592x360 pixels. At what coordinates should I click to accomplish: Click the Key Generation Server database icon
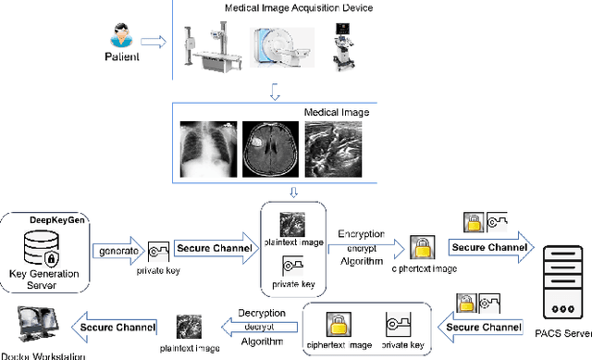click(43, 247)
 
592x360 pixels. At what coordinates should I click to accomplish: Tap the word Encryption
click(361, 234)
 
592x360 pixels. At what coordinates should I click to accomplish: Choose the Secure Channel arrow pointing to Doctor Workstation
click(110, 326)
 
